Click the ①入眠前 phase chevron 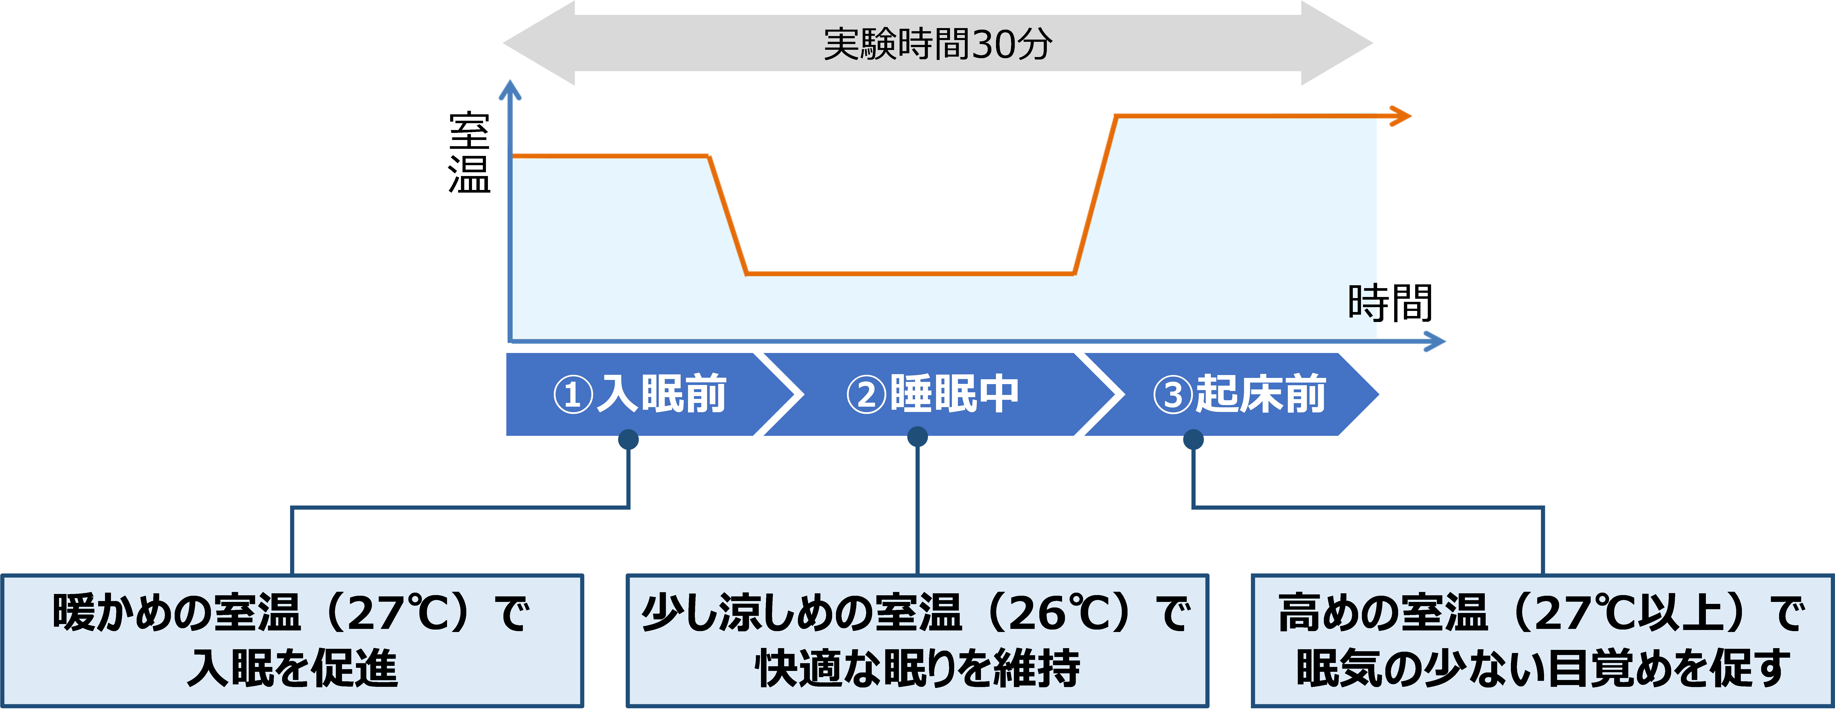pos(640,394)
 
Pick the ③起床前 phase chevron pos(1239,394)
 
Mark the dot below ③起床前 pos(1193,439)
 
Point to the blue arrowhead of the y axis pos(509,89)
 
